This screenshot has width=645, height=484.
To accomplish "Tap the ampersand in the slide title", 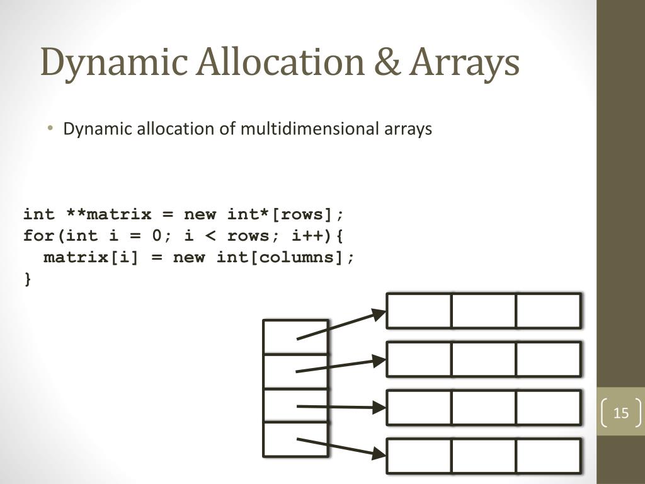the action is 384,63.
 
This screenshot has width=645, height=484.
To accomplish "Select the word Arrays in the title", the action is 465,63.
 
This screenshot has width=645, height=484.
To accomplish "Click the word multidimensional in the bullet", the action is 308,129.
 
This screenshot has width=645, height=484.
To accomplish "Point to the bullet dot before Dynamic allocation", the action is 51,129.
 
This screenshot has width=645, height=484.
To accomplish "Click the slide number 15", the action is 621,413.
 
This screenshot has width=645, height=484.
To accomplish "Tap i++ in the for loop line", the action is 308,236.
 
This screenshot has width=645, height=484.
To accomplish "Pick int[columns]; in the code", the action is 287,258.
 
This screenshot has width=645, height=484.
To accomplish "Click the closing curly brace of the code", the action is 27,279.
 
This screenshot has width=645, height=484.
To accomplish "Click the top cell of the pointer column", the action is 295,337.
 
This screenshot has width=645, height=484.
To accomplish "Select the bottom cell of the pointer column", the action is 295,439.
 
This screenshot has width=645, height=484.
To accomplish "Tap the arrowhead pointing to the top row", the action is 379,313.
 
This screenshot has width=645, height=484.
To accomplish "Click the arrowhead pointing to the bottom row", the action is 379,452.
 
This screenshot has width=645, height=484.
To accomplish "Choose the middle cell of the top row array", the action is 484,311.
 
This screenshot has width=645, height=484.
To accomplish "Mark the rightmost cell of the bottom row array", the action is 548,456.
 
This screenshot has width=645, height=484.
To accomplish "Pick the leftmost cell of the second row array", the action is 420,359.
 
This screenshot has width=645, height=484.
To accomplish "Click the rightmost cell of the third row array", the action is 548,408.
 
